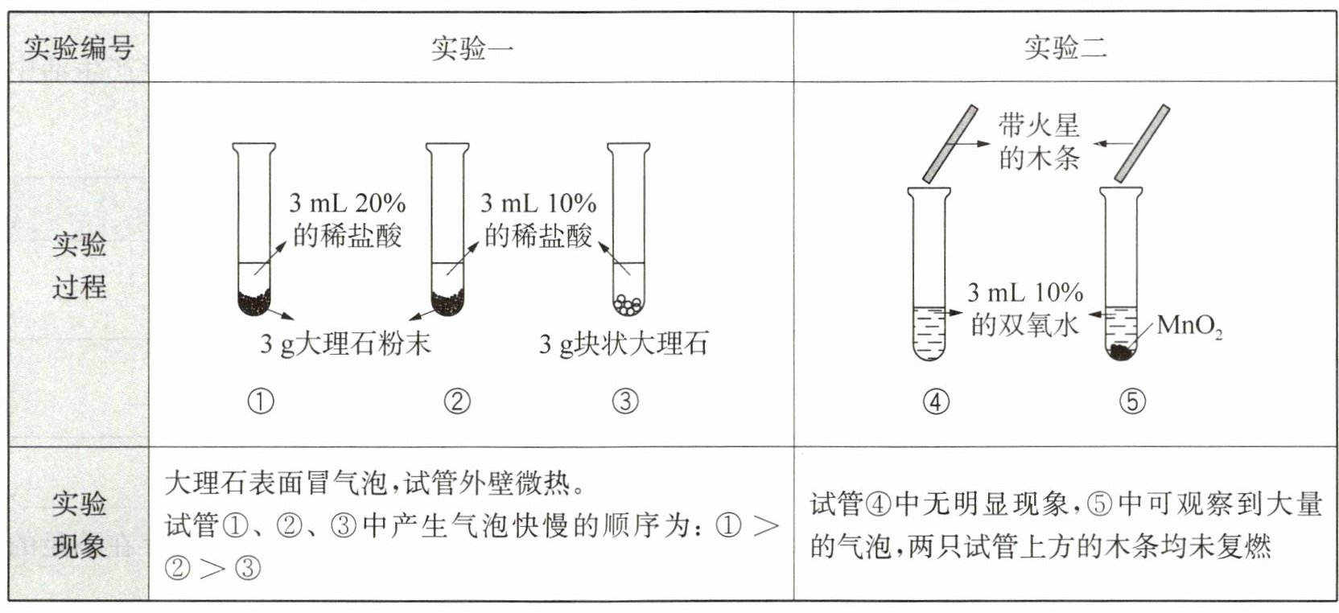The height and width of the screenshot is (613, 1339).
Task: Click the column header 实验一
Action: [472, 48]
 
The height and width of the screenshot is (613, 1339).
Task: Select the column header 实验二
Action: [1065, 48]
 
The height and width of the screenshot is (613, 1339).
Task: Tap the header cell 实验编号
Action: [78, 48]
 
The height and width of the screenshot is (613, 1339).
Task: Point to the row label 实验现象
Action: [79, 525]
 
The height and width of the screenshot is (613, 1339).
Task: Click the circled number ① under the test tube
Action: [260, 401]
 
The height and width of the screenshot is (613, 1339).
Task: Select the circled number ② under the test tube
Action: [456, 401]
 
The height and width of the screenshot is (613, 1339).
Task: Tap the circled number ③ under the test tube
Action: [624, 401]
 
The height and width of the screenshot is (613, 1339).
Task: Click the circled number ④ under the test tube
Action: [935, 401]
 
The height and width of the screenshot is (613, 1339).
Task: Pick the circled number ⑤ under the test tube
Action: [1131, 401]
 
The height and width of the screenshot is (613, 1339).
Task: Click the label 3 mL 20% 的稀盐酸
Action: [348, 219]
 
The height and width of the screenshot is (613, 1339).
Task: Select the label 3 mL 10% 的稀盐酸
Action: [538, 219]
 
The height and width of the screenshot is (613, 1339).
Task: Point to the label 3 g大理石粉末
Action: [345, 344]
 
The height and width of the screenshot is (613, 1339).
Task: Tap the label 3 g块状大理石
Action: [624, 344]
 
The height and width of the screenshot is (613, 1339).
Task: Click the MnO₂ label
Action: [1189, 327]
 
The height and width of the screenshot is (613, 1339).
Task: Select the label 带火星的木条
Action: [1039, 142]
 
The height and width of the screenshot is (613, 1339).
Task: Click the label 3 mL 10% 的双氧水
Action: [1024, 308]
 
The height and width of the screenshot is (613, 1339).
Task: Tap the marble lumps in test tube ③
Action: [628, 304]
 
